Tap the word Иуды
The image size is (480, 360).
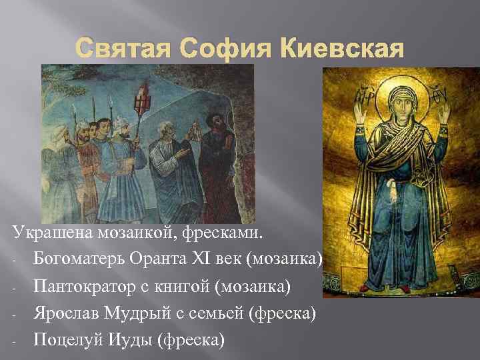click(131, 339)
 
